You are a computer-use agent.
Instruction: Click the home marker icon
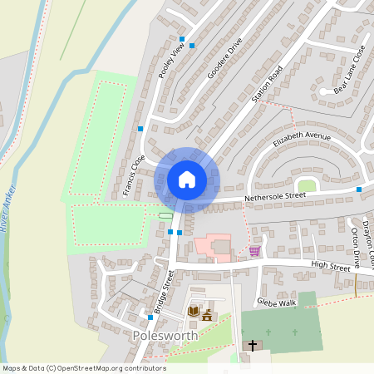coord(187,179)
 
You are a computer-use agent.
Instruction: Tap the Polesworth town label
coord(165,335)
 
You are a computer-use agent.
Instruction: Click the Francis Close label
coord(133,175)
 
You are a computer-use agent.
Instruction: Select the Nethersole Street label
coord(275,197)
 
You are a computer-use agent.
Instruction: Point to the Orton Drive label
coord(356,247)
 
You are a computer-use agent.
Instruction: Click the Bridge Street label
coord(164,291)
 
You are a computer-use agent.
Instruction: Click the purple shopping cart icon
coord(254,251)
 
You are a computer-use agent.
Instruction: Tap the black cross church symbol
coord(253,344)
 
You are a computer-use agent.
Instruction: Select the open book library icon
coord(194,312)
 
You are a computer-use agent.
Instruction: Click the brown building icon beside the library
coord(208,314)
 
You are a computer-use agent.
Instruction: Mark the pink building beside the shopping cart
coord(213,247)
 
